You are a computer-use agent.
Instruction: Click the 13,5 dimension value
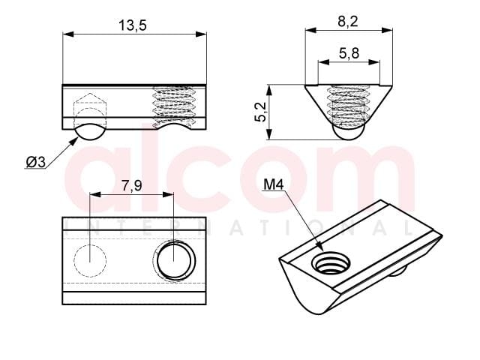click(x=133, y=25)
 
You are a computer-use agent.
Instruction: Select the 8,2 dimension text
click(x=348, y=22)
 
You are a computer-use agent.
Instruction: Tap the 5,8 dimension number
click(x=349, y=53)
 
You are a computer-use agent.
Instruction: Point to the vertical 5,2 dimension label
click(x=260, y=112)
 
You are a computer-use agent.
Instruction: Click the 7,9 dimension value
click(x=132, y=185)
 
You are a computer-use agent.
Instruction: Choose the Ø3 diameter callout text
click(x=36, y=162)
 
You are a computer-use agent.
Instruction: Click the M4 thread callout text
click(x=273, y=184)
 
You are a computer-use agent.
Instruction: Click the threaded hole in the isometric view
click(x=331, y=262)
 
